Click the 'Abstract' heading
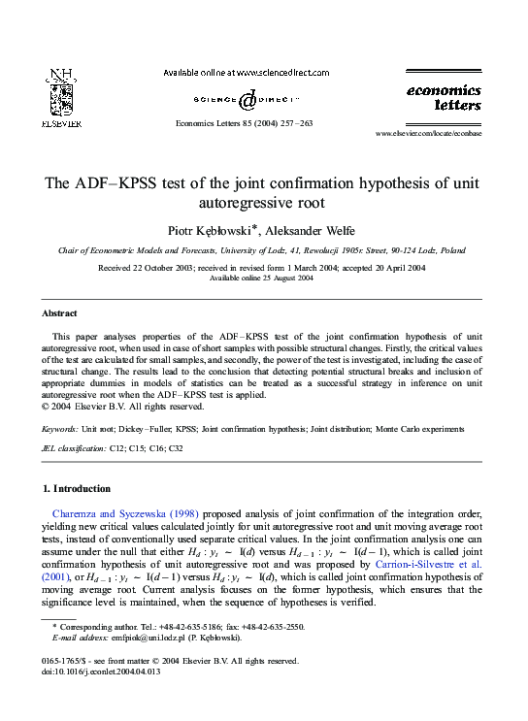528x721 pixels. [x=59, y=313]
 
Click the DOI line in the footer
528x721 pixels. [x=99, y=671]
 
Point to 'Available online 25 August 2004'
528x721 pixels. [x=262, y=279]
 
